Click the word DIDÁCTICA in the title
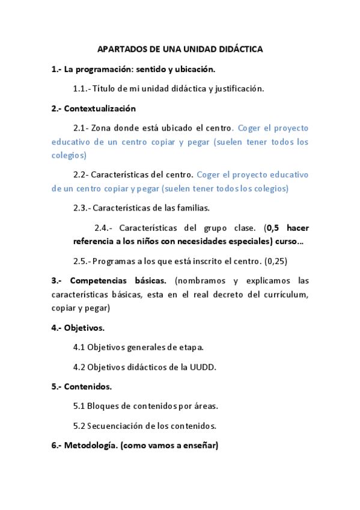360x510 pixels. point(241,49)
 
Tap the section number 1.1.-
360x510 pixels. point(82,88)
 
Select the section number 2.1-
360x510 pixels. point(81,128)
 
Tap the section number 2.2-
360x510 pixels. point(81,174)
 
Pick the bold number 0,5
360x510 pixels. point(273,228)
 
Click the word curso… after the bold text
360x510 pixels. point(289,241)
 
